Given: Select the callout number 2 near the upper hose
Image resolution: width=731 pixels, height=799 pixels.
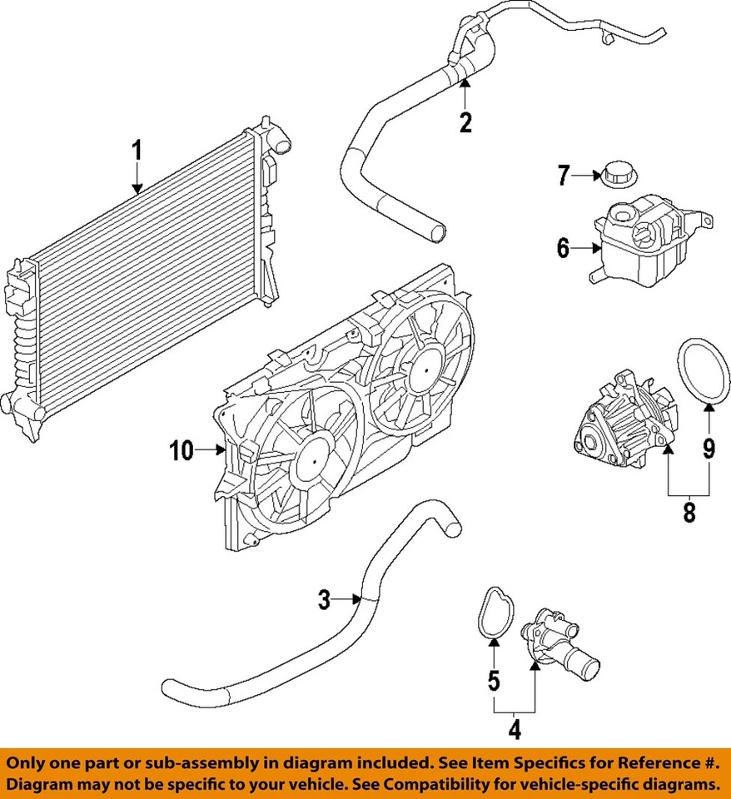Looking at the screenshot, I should [465, 122].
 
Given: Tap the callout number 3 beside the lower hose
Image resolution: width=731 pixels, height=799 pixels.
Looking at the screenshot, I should [326, 598].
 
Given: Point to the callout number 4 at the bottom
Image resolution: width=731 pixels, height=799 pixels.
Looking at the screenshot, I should [515, 730].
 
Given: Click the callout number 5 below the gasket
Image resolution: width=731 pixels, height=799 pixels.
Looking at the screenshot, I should [494, 680].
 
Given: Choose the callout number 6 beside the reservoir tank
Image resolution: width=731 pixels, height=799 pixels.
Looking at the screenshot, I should [563, 247].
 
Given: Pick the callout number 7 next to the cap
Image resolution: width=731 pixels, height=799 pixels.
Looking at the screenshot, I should [564, 175].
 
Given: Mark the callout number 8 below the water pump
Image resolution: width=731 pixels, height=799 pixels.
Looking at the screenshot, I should [689, 512].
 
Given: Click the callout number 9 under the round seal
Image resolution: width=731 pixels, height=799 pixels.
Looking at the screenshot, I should [709, 449].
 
